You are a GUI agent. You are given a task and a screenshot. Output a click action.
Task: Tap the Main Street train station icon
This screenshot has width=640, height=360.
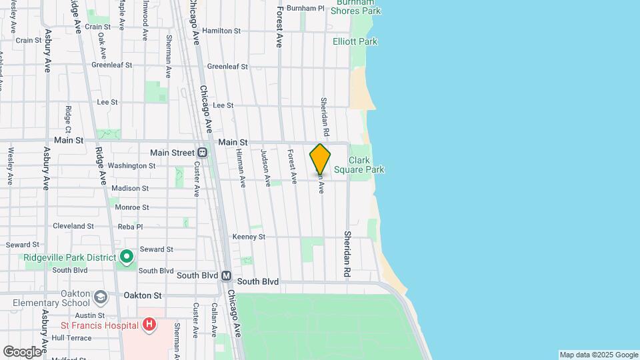(x=203, y=153)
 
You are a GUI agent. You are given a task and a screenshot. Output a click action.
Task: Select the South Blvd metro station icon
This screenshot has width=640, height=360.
(x=227, y=275)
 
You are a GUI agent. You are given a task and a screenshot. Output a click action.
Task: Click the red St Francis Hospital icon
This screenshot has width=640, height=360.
(x=149, y=325)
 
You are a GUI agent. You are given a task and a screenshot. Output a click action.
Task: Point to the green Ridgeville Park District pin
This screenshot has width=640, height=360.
(x=127, y=257)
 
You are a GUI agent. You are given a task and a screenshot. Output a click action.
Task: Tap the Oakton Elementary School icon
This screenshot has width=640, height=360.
(x=100, y=296)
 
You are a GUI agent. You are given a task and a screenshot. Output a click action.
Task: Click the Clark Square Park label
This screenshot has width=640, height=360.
(x=367, y=165)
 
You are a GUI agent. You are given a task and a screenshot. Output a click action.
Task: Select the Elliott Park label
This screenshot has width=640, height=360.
(x=355, y=41)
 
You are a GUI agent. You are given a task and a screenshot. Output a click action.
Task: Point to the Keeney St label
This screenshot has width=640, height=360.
(x=249, y=237)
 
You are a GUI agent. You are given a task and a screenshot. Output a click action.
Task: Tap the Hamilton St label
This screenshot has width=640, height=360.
(x=221, y=31)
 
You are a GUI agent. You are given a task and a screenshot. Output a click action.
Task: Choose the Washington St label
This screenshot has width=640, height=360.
(x=131, y=165)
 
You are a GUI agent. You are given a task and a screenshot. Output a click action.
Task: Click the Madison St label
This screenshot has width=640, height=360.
(x=130, y=188)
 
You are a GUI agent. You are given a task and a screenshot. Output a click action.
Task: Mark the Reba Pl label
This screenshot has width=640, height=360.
(x=130, y=227)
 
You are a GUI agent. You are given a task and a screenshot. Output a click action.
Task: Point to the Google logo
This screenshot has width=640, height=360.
(x=22, y=351)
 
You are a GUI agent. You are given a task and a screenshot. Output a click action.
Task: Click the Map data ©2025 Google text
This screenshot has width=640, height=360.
(x=599, y=355)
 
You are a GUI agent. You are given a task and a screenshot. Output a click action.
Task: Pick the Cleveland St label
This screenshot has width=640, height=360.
(x=73, y=226)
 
